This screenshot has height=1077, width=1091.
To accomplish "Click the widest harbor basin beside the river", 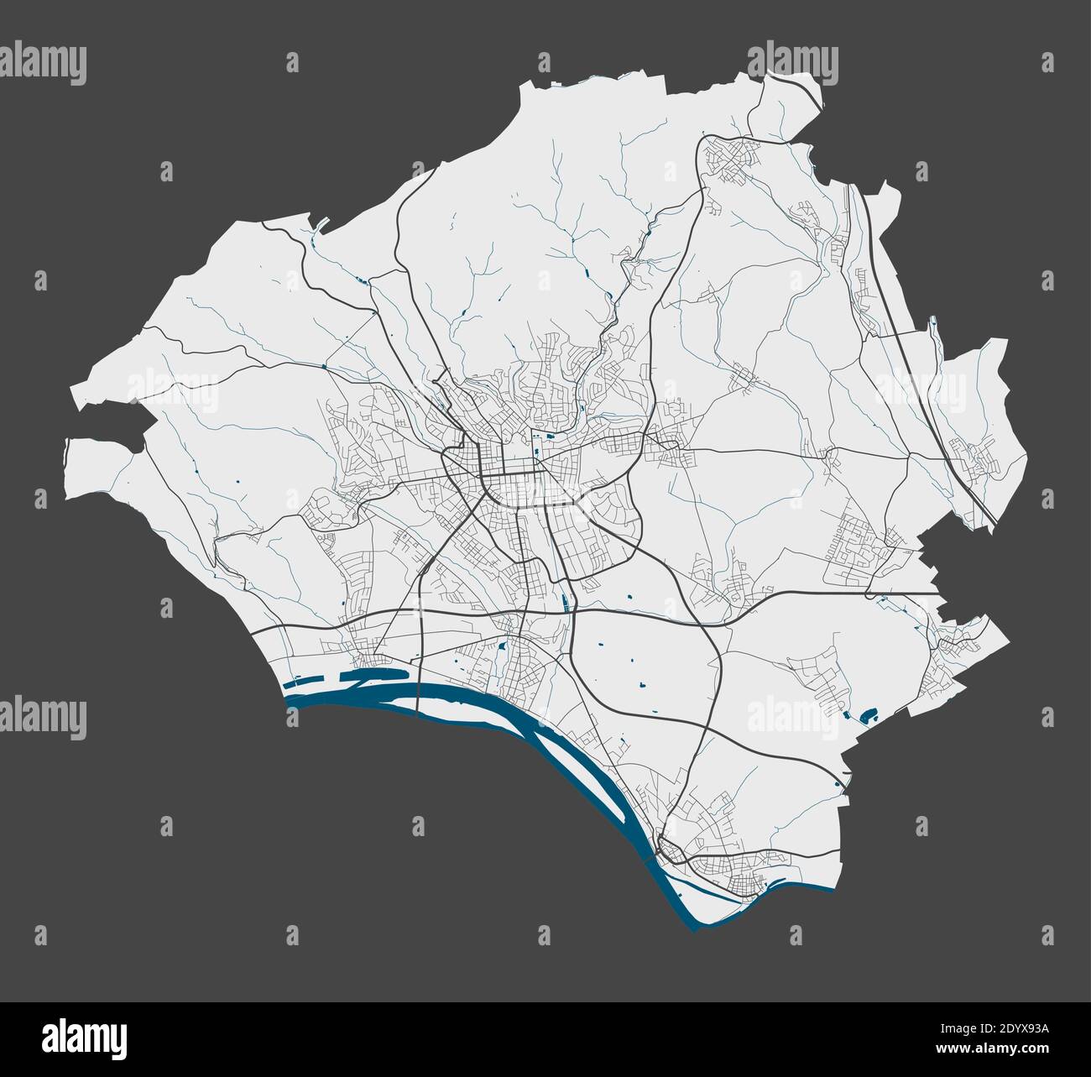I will (x=378, y=673).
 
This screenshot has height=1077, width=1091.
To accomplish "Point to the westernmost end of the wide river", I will (x=289, y=696).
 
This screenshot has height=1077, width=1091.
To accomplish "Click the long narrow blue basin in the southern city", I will (x=561, y=599).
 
